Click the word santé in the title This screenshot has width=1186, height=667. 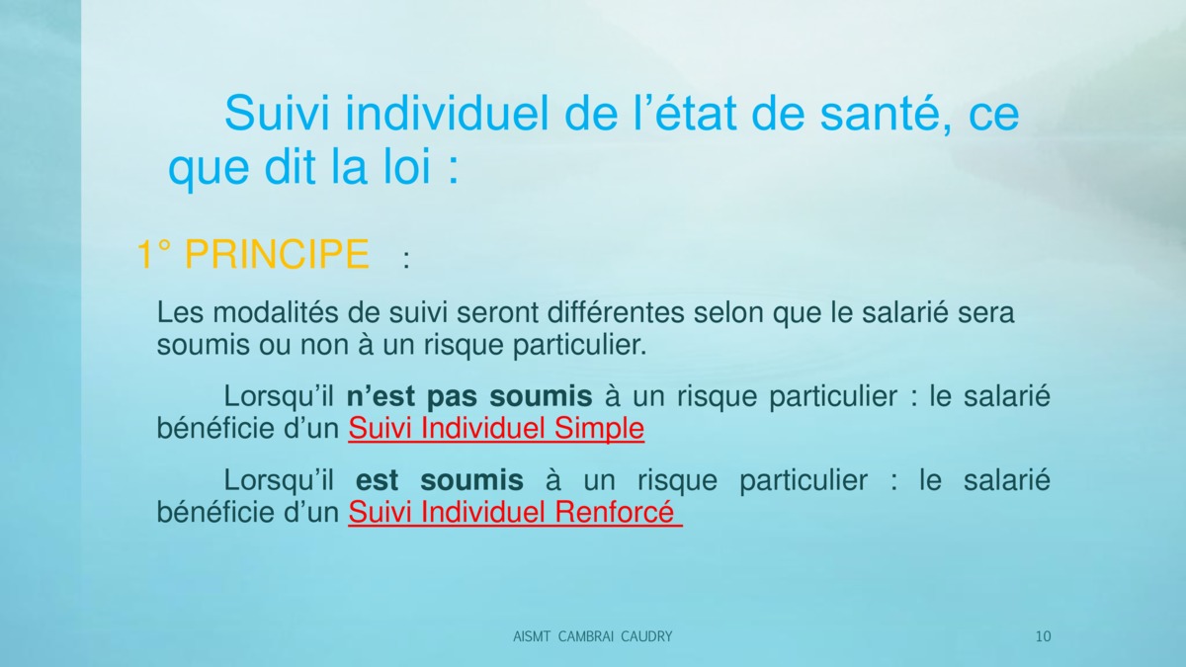pos(888,114)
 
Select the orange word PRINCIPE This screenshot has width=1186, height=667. pos(277,254)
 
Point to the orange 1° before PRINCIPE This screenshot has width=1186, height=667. pos(154,254)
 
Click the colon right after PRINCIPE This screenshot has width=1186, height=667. pos(406,260)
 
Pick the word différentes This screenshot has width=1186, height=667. pos(616,312)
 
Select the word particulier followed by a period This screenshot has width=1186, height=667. pos(580,346)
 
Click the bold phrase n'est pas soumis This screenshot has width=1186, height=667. pos(469,396)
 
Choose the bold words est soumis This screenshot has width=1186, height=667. pos(440,480)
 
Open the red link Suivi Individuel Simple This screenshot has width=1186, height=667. pos(496,429)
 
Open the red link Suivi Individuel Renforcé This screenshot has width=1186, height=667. pos(515,513)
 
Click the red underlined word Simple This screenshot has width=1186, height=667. pos(599,429)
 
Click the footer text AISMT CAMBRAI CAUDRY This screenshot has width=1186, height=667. pos(592,636)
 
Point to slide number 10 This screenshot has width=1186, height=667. pos(1043,636)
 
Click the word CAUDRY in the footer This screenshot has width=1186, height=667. pos(646,636)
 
